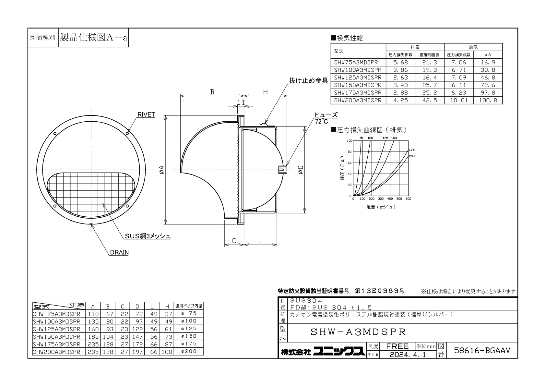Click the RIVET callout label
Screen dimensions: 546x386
tap(146, 115)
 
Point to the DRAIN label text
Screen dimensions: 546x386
tap(119, 252)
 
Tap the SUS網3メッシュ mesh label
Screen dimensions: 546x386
tap(148, 236)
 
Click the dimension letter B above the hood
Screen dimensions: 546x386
tap(212, 92)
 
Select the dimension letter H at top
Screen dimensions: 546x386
tap(266, 92)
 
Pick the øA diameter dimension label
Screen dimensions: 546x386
tap(161, 170)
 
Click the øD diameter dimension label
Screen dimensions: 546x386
tap(301, 170)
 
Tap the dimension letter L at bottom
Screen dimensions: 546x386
tap(260, 241)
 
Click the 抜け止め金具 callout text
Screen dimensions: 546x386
tap(309, 81)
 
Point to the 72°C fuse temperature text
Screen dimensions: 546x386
tap(322, 121)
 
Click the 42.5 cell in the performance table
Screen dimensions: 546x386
tap(430, 100)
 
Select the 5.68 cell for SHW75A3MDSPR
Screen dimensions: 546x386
tap(400, 62)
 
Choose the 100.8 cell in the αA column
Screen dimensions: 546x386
tap(488, 100)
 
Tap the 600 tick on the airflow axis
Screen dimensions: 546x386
tap(408, 199)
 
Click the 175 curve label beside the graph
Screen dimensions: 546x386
tap(412, 150)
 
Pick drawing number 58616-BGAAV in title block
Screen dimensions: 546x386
tap(482, 350)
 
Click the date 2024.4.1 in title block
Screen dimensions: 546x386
tap(408, 355)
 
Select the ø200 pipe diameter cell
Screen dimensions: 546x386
tap(189, 351)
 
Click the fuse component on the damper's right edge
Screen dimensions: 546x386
tap(282, 170)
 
